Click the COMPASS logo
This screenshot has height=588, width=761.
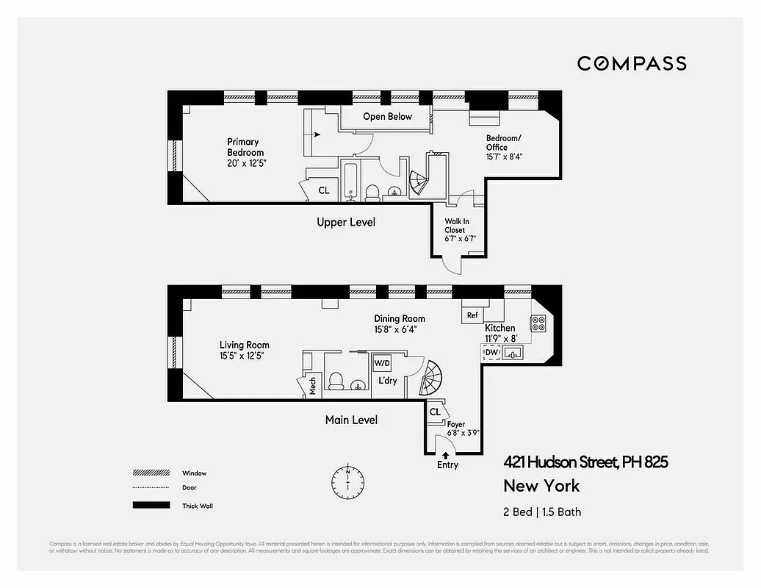point(632,63)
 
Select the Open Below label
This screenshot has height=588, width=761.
point(387,117)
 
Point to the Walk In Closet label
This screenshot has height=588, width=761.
point(455,226)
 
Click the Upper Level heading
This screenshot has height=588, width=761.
point(345,222)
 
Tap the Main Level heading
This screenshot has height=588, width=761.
point(351,420)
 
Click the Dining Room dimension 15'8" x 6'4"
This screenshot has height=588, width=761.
point(400,329)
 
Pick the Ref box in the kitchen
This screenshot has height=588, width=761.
point(472,315)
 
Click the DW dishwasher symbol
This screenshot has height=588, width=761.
point(491,354)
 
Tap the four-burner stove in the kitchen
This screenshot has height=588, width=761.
point(537,323)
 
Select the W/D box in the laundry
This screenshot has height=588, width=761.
point(382,364)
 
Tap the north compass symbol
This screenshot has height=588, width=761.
point(347,481)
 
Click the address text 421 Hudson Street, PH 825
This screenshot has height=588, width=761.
point(585,462)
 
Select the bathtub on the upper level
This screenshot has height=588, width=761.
point(350,182)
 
